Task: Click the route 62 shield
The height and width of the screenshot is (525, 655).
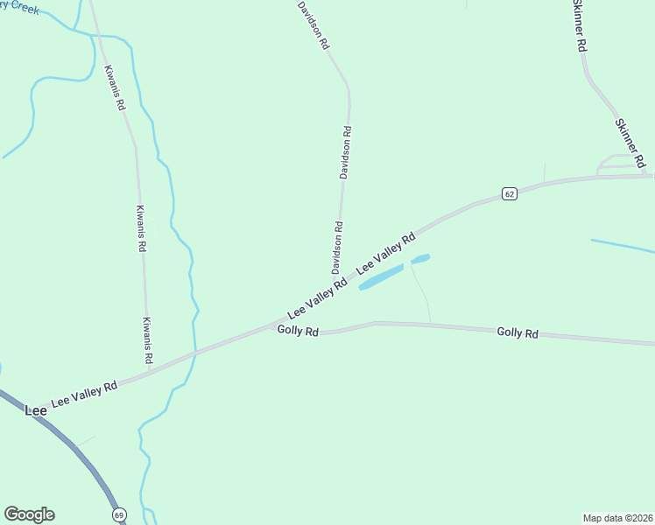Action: [x=510, y=193]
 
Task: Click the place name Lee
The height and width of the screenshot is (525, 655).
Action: [x=35, y=409]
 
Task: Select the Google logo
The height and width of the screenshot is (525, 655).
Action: [x=29, y=514]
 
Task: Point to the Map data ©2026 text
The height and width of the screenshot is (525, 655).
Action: [x=618, y=517]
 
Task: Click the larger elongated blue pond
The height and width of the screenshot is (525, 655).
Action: [x=382, y=277]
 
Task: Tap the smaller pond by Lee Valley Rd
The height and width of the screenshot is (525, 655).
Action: [x=421, y=259]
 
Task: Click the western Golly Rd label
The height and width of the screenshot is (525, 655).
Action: [x=298, y=330]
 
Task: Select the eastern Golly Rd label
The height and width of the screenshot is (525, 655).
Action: [x=517, y=332]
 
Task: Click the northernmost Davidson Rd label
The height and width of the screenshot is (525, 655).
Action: [x=313, y=24]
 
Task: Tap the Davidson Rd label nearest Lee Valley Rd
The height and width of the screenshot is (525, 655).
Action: [x=337, y=247]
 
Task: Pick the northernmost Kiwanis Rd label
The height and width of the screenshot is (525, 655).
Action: [x=115, y=87]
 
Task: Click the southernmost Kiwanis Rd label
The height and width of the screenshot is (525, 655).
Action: [x=148, y=340]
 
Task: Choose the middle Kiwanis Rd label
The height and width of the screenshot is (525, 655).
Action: [x=140, y=228]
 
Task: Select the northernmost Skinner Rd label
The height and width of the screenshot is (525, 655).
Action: [x=578, y=26]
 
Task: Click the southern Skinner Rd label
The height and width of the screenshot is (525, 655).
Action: [x=630, y=143]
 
